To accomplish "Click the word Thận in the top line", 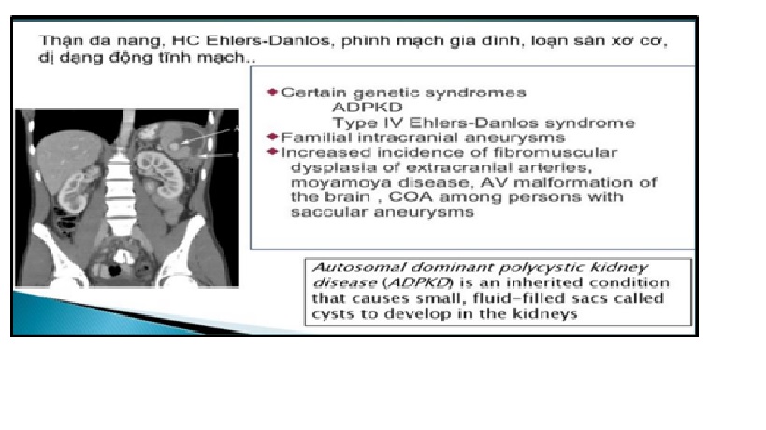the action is pos(54,40).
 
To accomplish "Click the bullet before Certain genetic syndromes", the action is pos(272,93).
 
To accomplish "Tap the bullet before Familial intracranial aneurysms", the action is pos(272,136).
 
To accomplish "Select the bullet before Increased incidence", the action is pos(272,151).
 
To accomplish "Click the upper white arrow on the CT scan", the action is pos(211,136).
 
